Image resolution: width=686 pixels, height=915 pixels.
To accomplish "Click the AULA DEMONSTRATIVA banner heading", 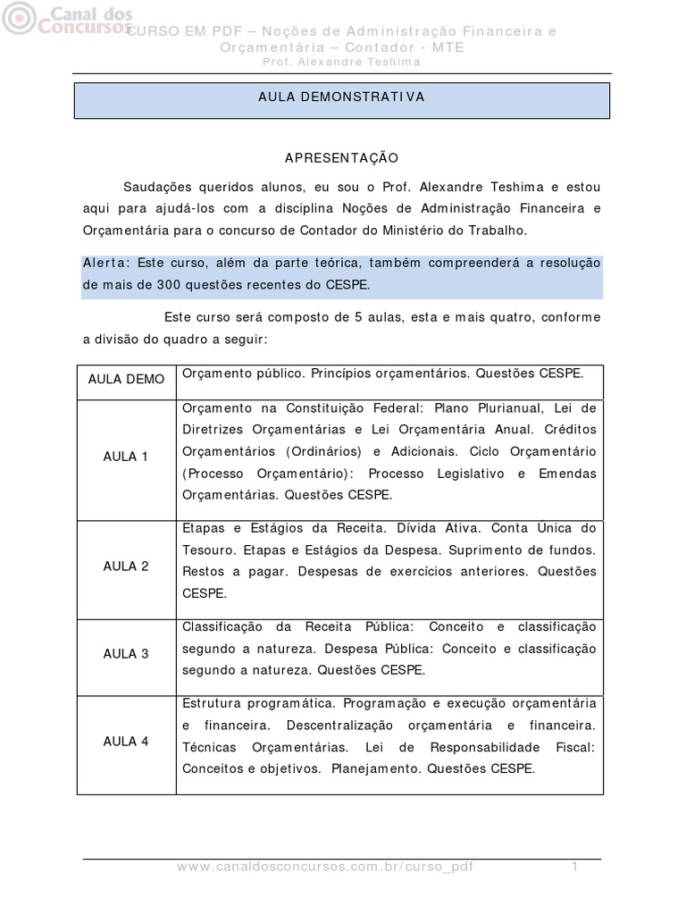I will (x=341, y=97).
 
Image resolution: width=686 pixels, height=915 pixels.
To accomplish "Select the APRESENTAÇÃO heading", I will (x=341, y=157).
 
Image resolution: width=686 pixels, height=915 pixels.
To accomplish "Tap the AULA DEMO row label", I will (x=126, y=379).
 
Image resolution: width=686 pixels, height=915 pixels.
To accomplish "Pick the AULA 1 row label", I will (x=126, y=457).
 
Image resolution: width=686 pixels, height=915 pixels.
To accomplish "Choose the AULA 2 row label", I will (x=126, y=567).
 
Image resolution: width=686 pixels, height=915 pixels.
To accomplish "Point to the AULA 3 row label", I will (x=126, y=654).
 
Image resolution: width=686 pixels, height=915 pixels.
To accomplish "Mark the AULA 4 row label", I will (x=126, y=742).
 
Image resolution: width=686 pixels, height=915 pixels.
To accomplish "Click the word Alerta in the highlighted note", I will (x=105, y=263).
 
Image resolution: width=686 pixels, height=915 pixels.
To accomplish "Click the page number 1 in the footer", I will (x=576, y=867).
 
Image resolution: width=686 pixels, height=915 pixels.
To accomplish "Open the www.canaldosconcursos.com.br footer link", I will (x=325, y=867).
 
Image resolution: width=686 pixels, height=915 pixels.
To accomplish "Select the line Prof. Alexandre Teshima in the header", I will (x=341, y=62).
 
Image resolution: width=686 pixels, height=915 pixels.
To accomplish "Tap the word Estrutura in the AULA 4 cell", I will (x=214, y=701).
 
